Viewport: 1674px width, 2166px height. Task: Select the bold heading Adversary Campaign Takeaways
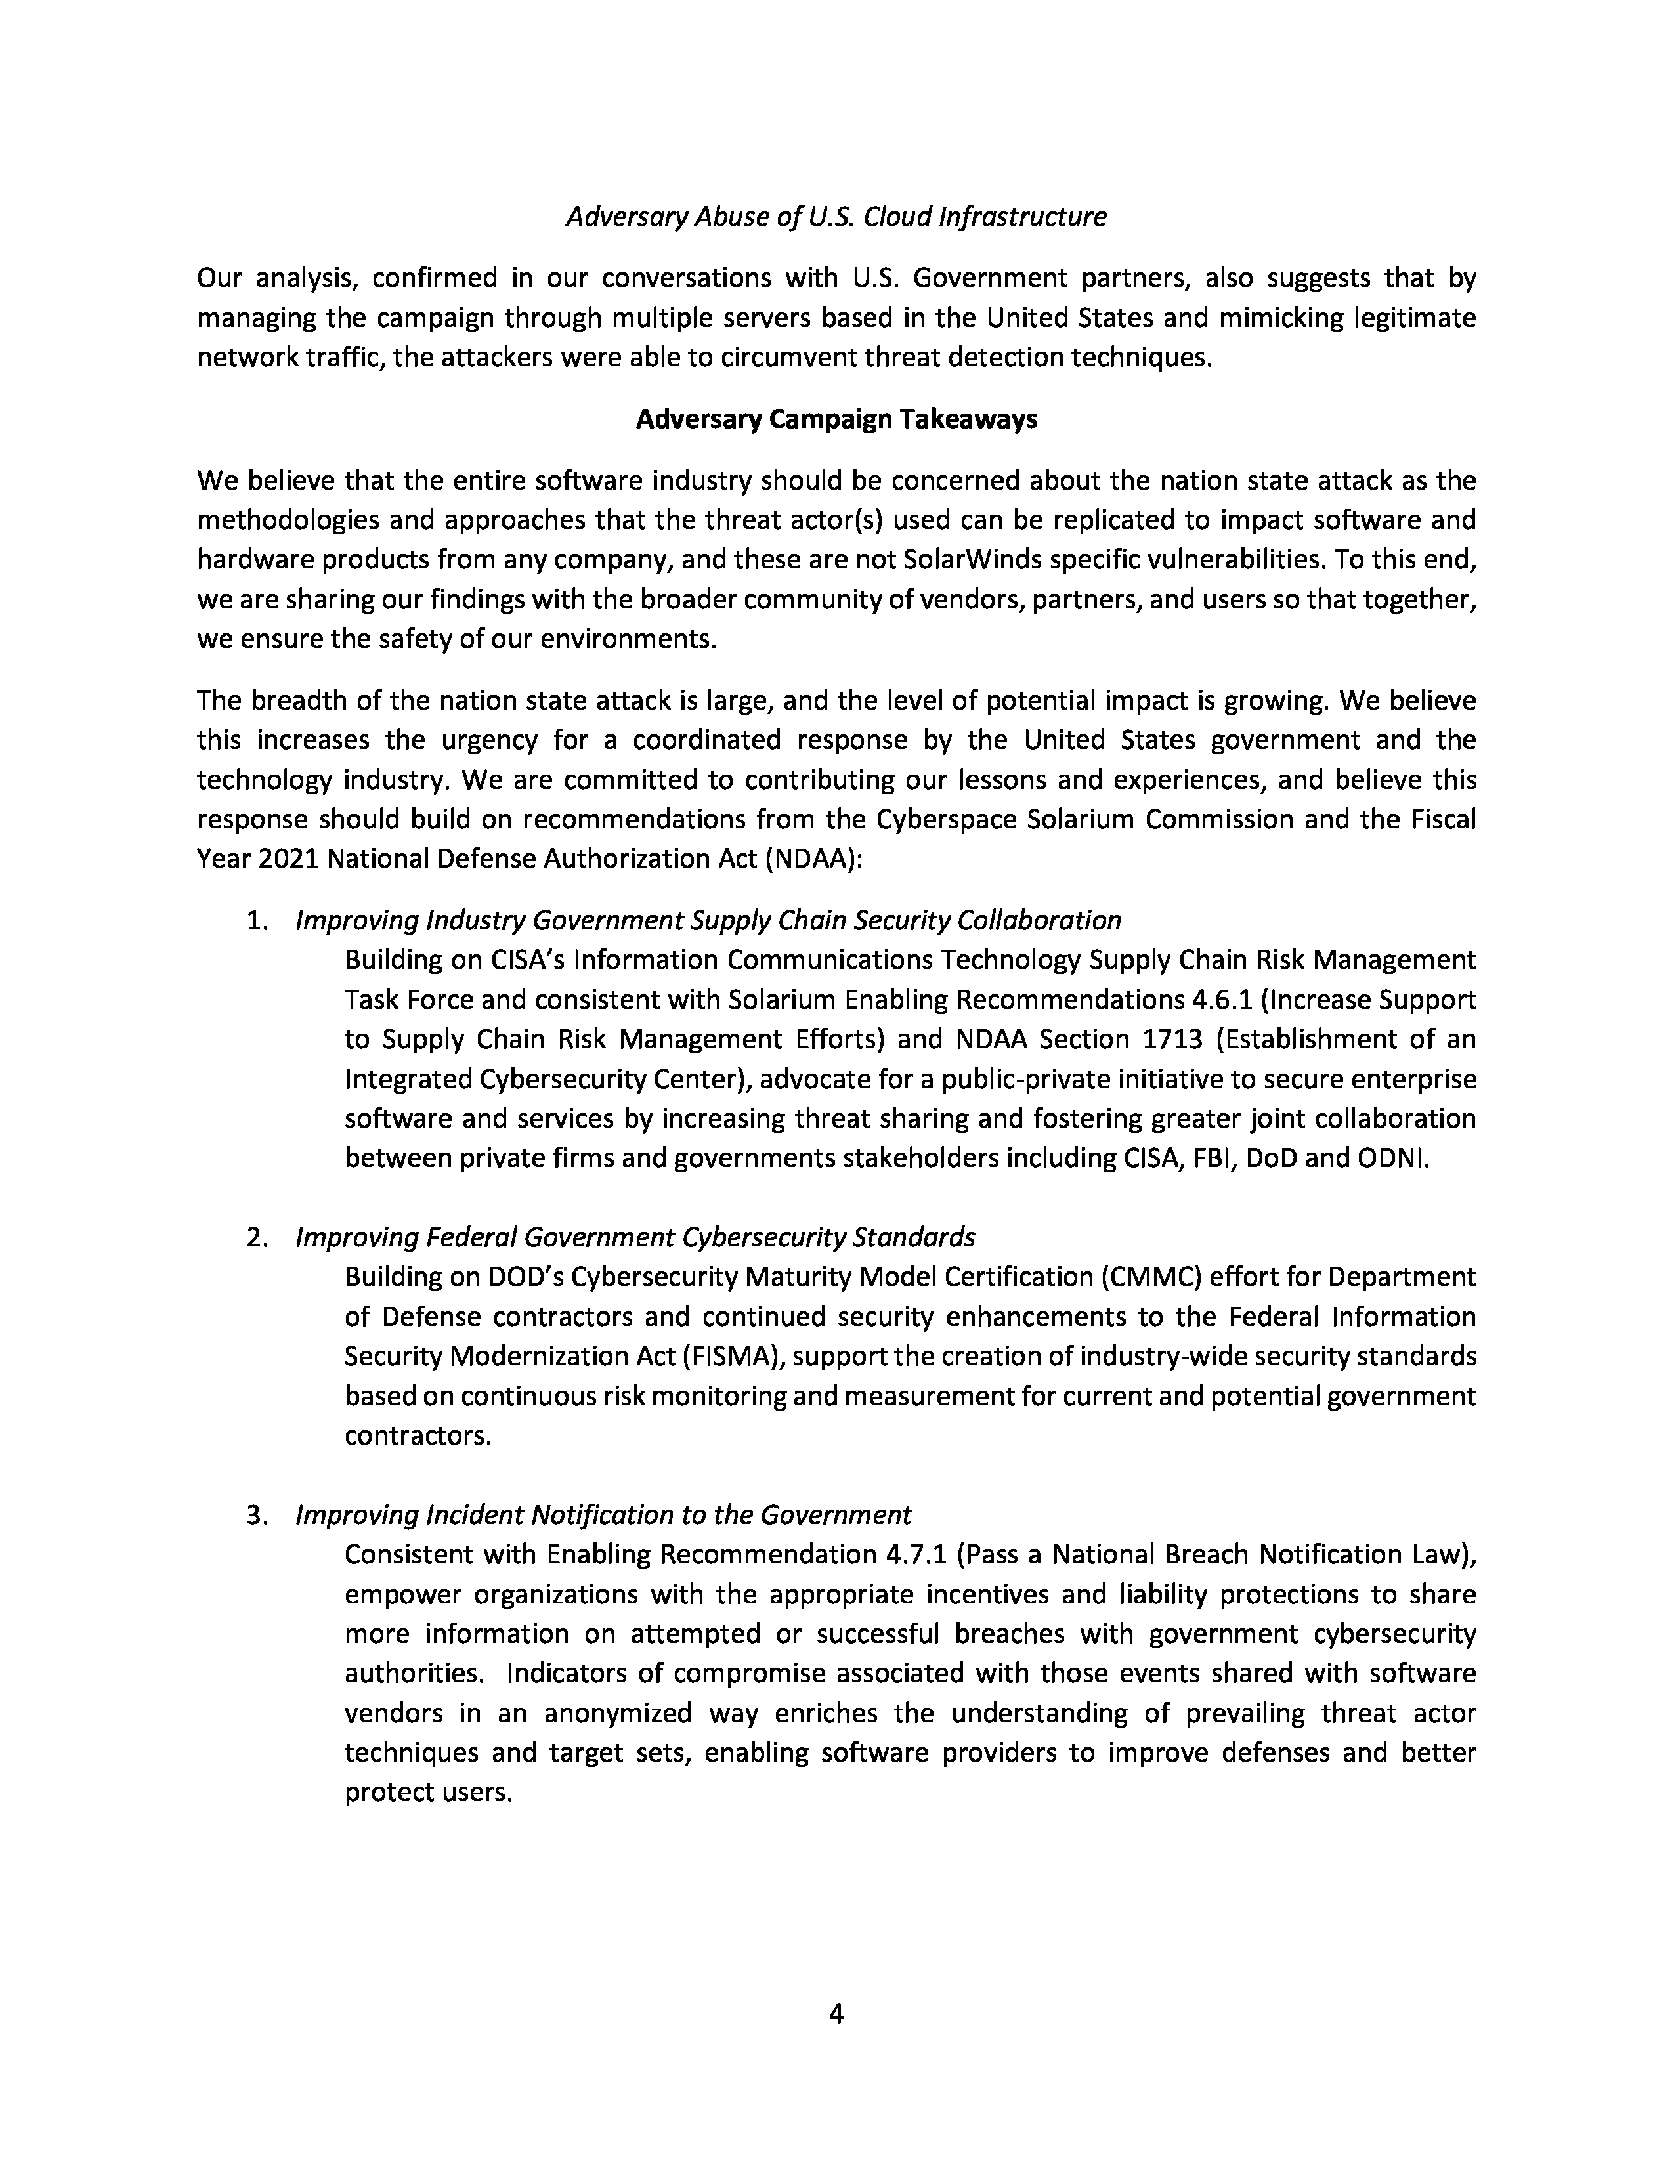(x=836, y=419)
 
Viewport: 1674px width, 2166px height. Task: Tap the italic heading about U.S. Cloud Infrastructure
(x=836, y=216)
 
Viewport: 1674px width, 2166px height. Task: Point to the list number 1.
(x=257, y=920)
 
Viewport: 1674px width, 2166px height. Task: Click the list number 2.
(x=257, y=1238)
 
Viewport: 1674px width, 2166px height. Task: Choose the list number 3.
(x=257, y=1516)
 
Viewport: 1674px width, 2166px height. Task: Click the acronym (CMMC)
(x=1152, y=1277)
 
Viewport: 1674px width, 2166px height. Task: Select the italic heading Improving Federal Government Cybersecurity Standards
(x=635, y=1238)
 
